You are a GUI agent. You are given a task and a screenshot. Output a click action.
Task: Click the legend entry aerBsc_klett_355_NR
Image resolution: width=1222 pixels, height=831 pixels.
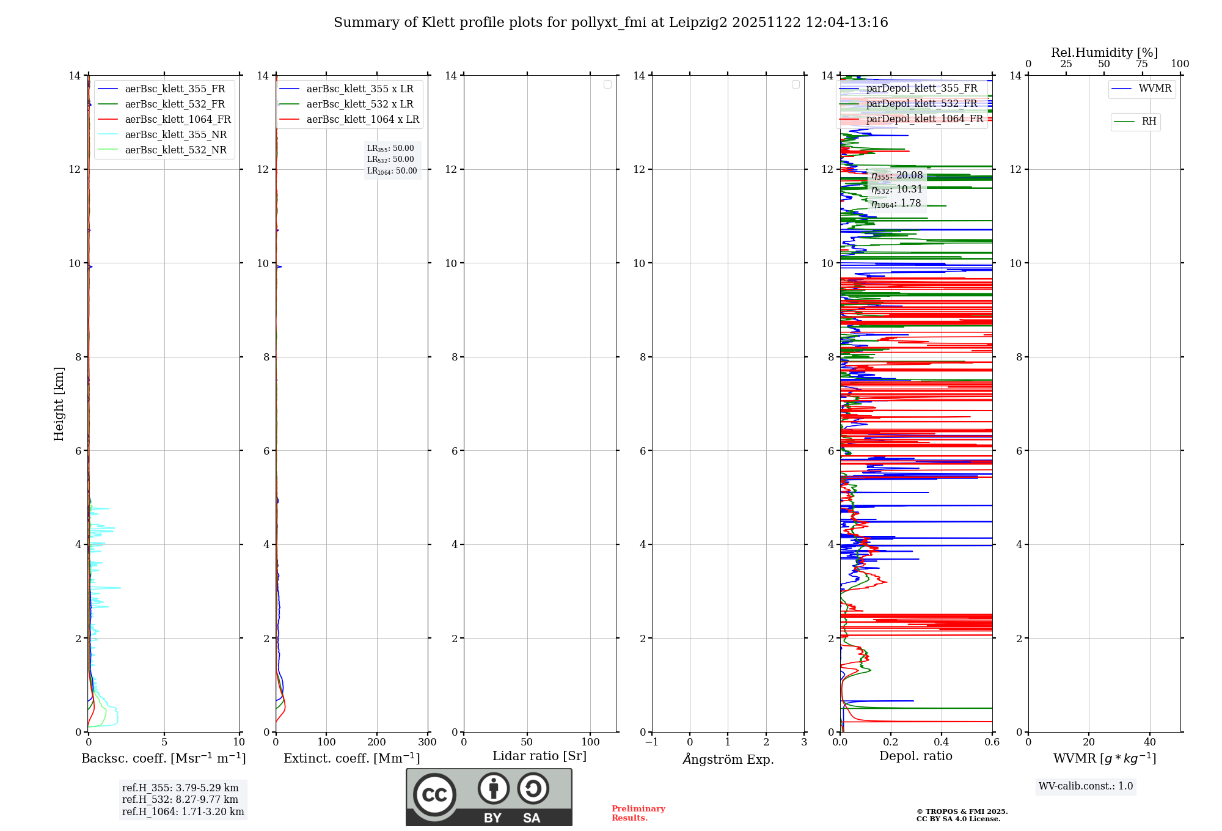coord(175,135)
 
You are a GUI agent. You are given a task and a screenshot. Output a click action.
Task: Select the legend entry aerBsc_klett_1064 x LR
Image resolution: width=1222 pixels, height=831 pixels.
coord(362,120)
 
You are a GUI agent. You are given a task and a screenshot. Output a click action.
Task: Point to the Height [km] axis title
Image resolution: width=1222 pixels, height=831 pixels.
coord(59,403)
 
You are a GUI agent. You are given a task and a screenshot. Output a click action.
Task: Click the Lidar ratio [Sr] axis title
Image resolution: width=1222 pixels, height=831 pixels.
coord(540,756)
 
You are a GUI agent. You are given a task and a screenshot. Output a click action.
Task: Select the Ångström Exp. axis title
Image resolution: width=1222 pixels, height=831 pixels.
coord(728,759)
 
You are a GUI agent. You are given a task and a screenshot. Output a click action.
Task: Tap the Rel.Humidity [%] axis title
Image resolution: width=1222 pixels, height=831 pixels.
coord(1104,53)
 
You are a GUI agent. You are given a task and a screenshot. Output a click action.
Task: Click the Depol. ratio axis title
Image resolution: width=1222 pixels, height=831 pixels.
coord(915,756)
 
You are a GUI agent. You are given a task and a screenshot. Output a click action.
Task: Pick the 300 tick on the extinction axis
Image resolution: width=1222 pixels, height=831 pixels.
coord(427,742)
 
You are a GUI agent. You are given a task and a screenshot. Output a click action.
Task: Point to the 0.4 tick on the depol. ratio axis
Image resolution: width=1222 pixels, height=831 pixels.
coord(942,742)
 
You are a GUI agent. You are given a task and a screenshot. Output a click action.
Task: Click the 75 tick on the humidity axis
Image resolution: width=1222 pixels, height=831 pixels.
coord(1141,64)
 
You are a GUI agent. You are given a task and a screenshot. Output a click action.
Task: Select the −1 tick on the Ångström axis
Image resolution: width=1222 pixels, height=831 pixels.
coord(652,742)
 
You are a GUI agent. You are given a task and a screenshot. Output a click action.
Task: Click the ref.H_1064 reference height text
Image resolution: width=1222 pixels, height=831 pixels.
coord(183,812)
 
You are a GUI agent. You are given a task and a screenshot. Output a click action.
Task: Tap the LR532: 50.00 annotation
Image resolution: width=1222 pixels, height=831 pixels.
coord(390,159)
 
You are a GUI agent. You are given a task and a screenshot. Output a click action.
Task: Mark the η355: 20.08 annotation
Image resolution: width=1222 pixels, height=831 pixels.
coord(896,176)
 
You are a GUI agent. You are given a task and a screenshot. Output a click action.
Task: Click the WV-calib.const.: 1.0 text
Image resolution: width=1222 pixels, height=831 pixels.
coord(1086,786)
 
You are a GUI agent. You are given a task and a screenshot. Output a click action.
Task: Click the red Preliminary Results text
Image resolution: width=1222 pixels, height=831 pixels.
coord(638,813)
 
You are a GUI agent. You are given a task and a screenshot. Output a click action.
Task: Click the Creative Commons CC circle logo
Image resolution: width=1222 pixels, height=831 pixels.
coord(434,795)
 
